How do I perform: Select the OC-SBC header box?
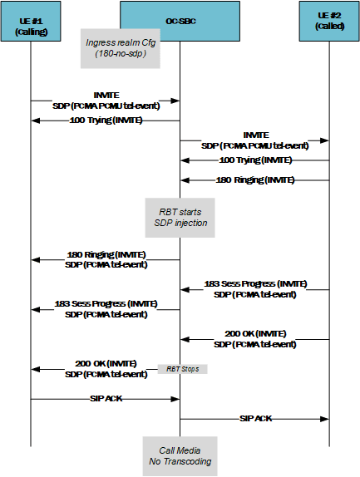(x=180, y=20)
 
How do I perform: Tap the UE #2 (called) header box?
(x=328, y=20)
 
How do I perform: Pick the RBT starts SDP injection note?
(x=180, y=214)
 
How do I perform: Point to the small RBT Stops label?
(x=183, y=368)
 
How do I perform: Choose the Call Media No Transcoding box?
(x=180, y=455)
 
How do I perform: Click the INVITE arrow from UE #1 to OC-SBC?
(x=106, y=101)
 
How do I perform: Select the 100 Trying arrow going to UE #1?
(x=106, y=120)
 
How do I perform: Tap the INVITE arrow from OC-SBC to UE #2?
(x=254, y=140)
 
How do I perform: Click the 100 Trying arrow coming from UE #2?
(x=254, y=160)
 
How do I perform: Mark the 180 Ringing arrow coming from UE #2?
(x=254, y=179)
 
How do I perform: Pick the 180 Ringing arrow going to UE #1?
(x=106, y=259)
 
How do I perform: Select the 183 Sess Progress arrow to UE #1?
(x=106, y=309)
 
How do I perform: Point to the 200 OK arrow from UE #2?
(x=254, y=339)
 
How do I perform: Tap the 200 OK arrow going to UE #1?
(x=106, y=369)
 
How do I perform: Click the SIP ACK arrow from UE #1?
(x=106, y=399)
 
